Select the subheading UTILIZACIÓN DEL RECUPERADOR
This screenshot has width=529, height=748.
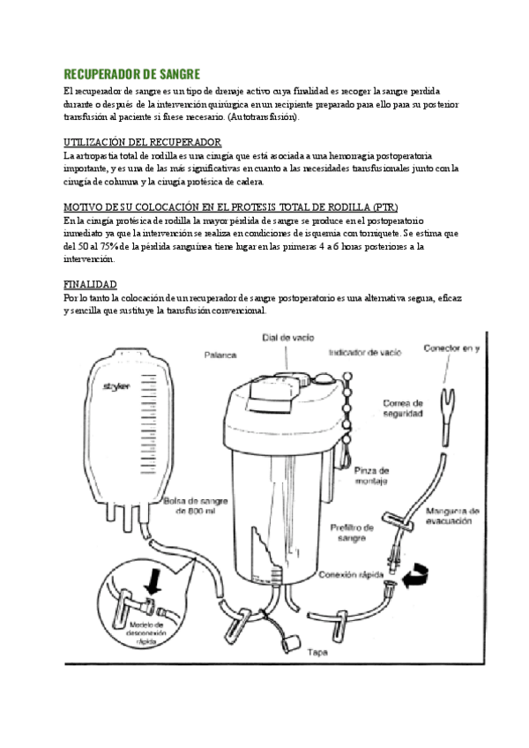[142, 142]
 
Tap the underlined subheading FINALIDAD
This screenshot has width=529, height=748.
[91, 285]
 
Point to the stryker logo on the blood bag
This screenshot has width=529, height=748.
[116, 385]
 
